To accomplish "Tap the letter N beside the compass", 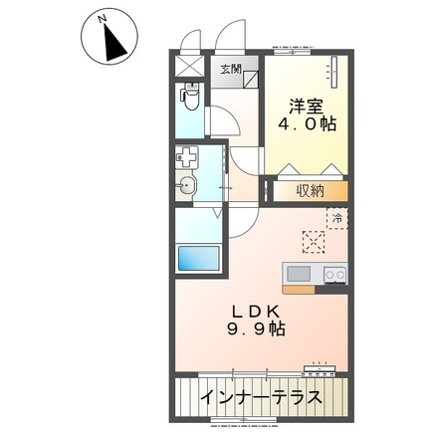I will [103, 19].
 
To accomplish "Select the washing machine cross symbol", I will [188, 157].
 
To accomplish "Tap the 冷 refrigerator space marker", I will [337, 216].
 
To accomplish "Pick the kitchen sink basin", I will [299, 273].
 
